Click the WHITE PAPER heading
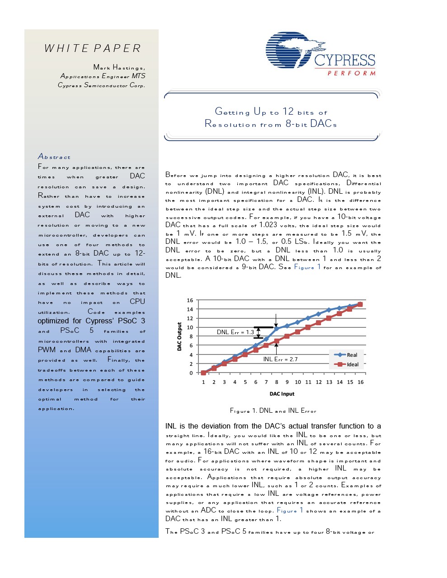[93, 48]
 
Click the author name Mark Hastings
[119, 67]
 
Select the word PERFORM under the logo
[352, 73]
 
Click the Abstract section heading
[54, 157]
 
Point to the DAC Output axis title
[179, 336]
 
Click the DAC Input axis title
[282, 394]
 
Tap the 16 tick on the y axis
[190, 300]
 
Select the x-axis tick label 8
[277, 382]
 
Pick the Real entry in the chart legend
[352, 355]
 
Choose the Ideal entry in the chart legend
[353, 364]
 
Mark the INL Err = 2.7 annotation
[280, 359]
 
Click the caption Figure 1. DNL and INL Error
[273, 411]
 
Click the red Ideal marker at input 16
[360, 304]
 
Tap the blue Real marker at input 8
[277, 329]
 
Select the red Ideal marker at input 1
[204, 373]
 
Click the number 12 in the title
[288, 112]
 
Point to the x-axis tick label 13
[329, 382]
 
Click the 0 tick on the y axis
[191, 373]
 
